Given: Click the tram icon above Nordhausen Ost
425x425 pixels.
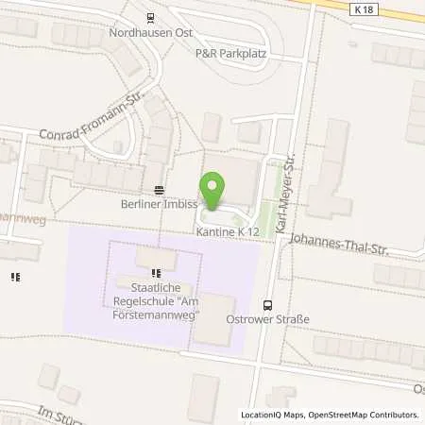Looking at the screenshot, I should [150, 16].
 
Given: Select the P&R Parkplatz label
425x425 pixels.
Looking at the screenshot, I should [230, 54].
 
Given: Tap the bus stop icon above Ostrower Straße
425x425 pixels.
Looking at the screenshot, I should [267, 304].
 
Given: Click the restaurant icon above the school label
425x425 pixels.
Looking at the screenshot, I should [156, 275].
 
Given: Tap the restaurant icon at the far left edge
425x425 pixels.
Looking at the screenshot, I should [15, 277].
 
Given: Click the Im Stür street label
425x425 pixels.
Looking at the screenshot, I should [57, 413].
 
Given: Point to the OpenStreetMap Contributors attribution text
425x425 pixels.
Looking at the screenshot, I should [365, 415].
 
